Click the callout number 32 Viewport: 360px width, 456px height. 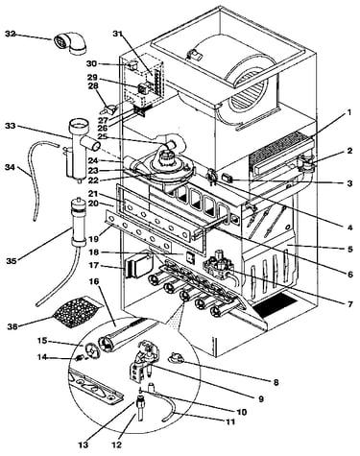pos(11,34)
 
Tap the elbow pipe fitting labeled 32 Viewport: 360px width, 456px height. pos(70,43)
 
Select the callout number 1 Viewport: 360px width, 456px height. pos(348,112)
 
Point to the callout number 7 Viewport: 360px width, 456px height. pos(349,303)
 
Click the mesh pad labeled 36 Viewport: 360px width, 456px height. pos(78,312)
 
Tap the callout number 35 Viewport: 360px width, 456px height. pos(12,261)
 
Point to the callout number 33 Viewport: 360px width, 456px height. pos(11,126)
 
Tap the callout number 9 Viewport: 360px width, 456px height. pos(261,398)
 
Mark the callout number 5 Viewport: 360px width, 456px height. pos(349,249)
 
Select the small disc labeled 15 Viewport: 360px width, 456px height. pos(91,349)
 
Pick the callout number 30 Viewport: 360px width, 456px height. pos(92,63)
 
